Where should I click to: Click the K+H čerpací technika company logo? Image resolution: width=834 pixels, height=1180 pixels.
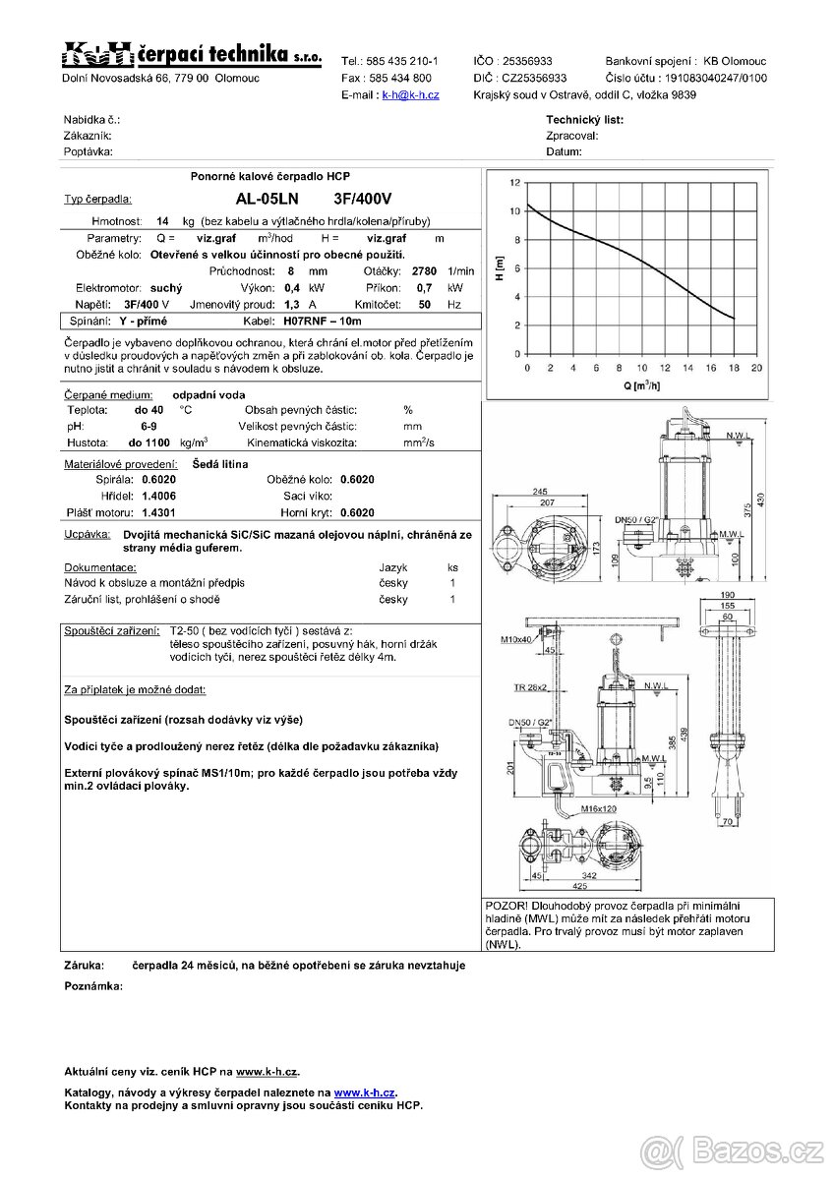coord(192,55)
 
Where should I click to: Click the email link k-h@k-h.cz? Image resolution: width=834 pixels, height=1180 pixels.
coord(410,95)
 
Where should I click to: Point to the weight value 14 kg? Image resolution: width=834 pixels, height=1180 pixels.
coord(163,221)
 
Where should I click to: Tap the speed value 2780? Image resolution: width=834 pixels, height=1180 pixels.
coord(424,270)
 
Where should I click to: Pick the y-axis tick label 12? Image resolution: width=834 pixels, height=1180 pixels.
coord(514,184)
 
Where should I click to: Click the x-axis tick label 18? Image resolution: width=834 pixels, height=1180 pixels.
coord(733,368)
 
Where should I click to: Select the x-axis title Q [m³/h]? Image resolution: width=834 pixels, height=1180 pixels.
coord(640,384)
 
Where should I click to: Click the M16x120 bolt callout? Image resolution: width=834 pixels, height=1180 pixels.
coord(597,809)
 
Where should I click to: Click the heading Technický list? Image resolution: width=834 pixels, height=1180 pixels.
coord(584,120)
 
